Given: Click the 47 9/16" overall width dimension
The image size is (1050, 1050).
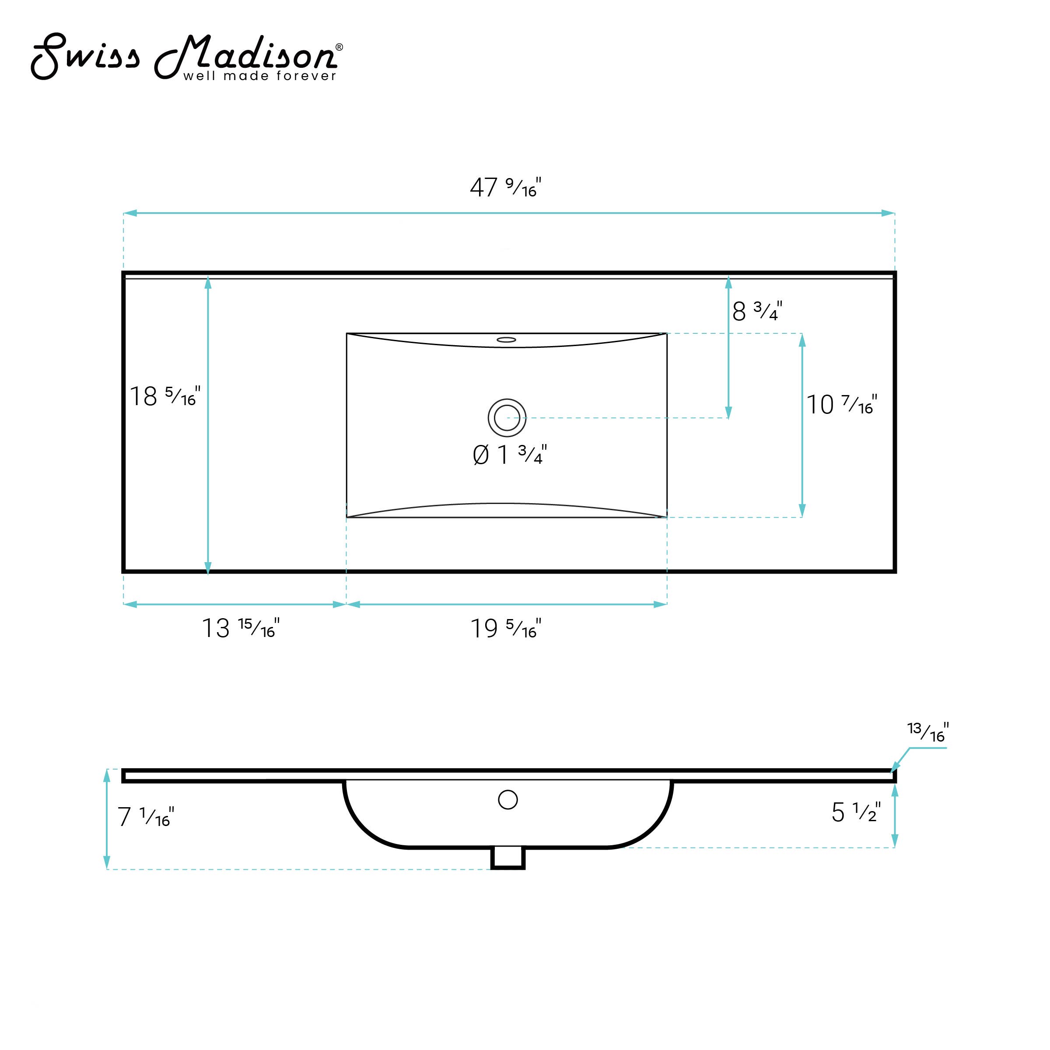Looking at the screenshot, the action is coord(505,188).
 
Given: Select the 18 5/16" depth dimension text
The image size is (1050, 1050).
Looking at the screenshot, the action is coord(164,396).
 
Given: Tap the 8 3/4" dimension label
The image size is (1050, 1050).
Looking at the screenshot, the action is coord(757,311).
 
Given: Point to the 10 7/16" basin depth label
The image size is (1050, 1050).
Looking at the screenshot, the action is coord(841,405).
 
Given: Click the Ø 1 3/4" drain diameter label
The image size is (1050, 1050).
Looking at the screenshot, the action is coord(510,455).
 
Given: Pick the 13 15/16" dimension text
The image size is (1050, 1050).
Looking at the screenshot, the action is coord(241,628).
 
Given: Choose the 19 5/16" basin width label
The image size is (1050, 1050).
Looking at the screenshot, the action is coord(505,628).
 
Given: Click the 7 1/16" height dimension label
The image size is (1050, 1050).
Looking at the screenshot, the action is coord(146,817).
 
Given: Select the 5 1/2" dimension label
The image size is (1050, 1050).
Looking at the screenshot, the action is coord(856,812).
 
